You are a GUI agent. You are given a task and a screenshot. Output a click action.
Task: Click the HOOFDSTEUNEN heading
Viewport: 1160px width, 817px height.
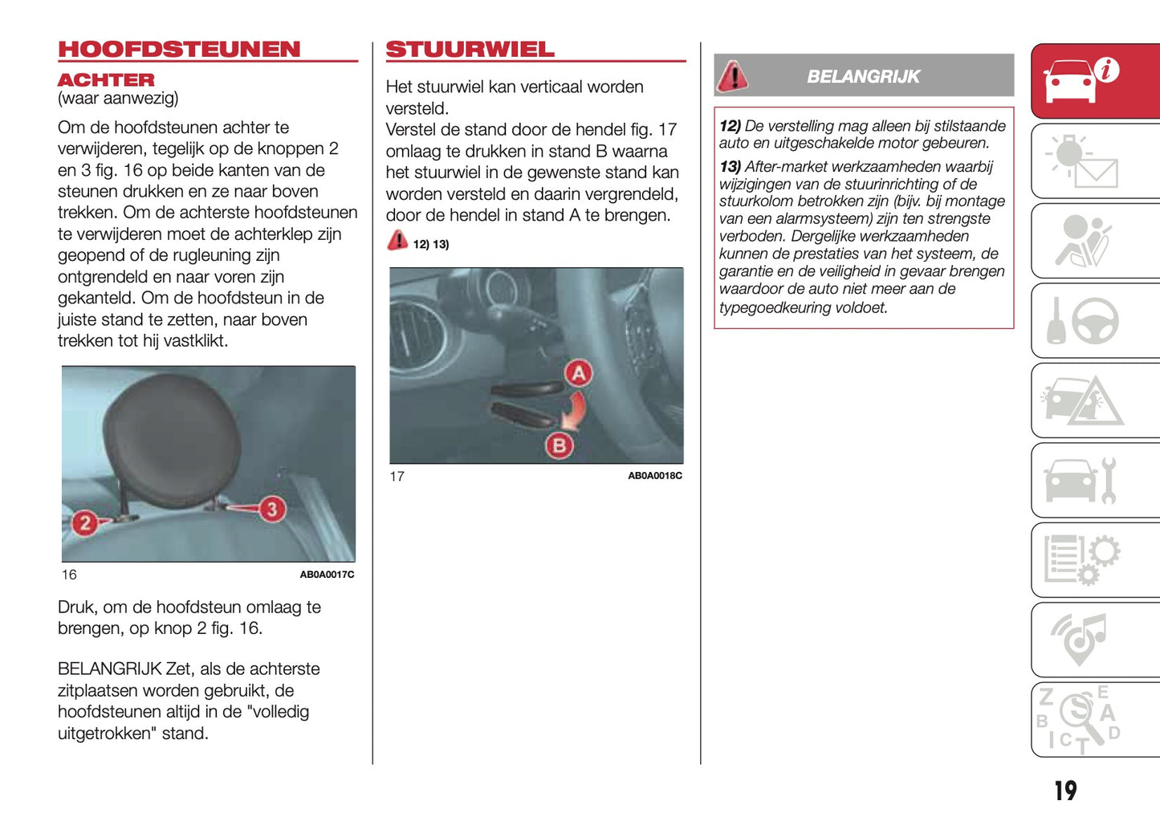point(179,50)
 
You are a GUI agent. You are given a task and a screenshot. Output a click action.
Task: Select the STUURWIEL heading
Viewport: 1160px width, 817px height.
point(470,50)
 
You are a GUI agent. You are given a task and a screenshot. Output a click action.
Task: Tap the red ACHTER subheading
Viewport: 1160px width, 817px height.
point(106,80)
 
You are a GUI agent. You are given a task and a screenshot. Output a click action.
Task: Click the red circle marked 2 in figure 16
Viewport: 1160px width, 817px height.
point(84,523)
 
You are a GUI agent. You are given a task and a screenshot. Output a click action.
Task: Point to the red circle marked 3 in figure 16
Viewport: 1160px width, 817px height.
point(272,509)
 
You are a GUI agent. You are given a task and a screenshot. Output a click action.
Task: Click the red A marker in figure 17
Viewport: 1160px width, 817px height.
point(578,373)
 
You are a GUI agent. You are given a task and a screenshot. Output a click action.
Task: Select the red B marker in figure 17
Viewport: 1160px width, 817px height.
point(559,445)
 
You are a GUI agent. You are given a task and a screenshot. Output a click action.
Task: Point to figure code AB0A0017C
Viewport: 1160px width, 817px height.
point(327,575)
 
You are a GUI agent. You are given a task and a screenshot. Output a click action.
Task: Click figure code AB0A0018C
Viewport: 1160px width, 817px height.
point(654,476)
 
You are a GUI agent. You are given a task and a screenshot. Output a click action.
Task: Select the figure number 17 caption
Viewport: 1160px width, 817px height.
point(397,477)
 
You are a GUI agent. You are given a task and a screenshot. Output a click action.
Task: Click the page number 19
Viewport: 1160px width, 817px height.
point(1065,791)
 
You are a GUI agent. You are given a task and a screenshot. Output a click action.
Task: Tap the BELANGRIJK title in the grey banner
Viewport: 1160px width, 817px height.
point(863,77)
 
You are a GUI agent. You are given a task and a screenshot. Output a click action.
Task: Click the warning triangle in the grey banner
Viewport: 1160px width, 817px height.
point(732,76)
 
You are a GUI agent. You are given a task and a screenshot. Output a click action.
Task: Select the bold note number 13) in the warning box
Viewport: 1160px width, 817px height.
point(730,167)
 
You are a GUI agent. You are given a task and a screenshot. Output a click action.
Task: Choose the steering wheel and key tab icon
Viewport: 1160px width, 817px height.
point(1083,321)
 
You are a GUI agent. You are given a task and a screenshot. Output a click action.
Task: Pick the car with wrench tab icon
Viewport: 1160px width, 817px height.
point(1080,480)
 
